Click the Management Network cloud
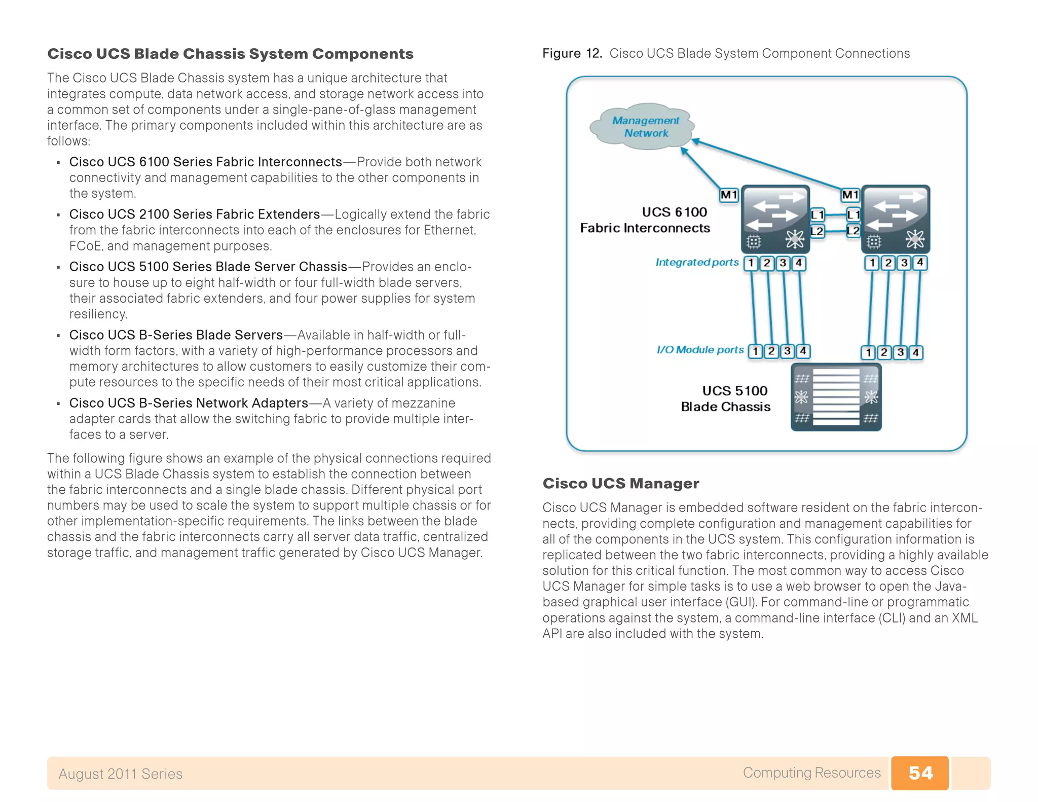643,127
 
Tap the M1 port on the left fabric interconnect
729,195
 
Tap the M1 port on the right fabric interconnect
850,195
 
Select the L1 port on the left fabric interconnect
817,214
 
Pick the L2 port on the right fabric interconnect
853,231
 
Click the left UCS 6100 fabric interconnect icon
775,219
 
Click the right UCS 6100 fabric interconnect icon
896,219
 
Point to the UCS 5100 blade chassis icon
836,397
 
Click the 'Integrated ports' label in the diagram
697,262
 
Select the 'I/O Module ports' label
700,350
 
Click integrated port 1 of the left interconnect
751,263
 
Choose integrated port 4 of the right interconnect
920,263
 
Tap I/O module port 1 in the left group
755,351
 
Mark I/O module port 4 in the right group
915,352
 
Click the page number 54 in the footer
920,773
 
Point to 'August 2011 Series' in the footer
120,774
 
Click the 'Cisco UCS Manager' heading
620,483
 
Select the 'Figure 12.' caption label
572,53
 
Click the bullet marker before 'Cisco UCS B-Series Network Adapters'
58,404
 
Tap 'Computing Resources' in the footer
811,773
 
